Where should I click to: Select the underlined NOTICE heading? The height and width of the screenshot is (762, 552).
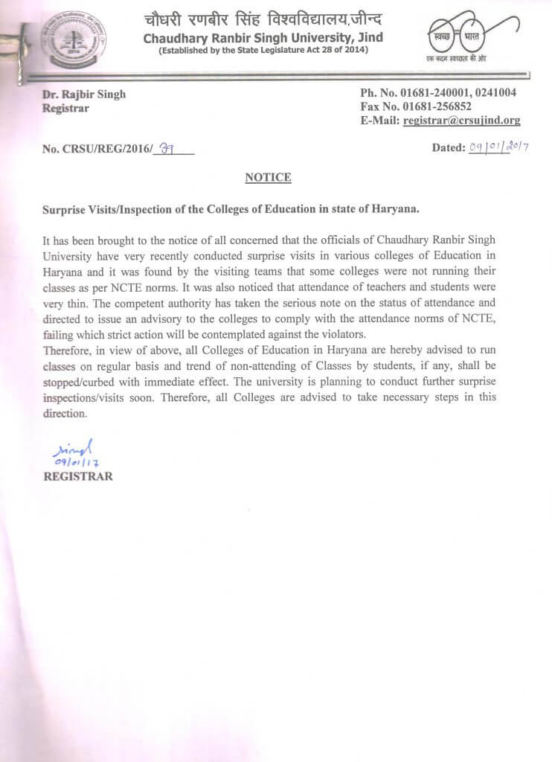(x=268, y=177)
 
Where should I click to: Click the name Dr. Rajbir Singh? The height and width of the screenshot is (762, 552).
(x=84, y=94)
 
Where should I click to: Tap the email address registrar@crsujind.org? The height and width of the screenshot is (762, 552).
(x=461, y=121)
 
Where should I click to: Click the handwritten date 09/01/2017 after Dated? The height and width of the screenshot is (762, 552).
(x=498, y=147)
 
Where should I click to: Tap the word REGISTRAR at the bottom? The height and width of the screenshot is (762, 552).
(x=78, y=476)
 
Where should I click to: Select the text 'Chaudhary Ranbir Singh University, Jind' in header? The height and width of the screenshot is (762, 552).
(x=263, y=36)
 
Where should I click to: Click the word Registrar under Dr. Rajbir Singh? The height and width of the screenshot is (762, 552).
(x=66, y=108)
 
